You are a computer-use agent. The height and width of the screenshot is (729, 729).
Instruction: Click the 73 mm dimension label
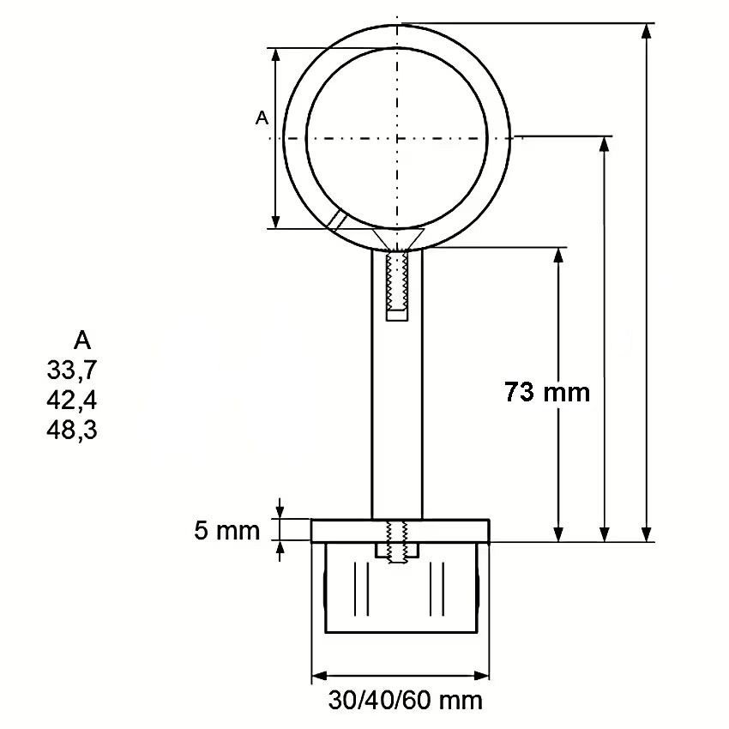(x=547, y=392)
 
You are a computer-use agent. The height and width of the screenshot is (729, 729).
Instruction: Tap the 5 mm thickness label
(x=227, y=531)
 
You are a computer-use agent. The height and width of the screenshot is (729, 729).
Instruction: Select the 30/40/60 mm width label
(x=405, y=700)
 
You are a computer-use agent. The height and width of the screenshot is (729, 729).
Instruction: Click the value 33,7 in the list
(x=72, y=371)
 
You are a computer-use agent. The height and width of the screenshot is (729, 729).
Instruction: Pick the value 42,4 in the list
(x=72, y=401)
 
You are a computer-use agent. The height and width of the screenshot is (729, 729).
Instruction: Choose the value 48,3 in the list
(x=72, y=430)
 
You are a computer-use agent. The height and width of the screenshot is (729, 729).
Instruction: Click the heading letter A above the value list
(x=82, y=340)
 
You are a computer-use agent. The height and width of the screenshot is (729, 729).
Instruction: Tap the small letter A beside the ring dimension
(x=262, y=118)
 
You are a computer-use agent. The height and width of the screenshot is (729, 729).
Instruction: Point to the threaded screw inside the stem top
(x=397, y=281)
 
